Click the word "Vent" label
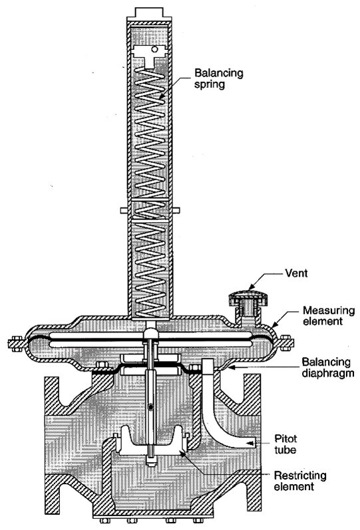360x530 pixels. pos(296,273)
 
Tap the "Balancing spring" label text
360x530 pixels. pos(218,78)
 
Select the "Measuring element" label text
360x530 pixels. pos(329,315)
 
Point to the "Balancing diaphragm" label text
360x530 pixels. pos(328,367)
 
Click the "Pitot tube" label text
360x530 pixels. pos(285,444)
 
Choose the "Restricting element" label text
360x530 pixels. pos(299,481)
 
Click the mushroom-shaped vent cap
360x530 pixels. pos(249,298)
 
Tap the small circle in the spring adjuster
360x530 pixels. pos(154,49)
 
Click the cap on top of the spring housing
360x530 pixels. pos(149,12)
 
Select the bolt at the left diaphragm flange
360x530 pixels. pos(15,343)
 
